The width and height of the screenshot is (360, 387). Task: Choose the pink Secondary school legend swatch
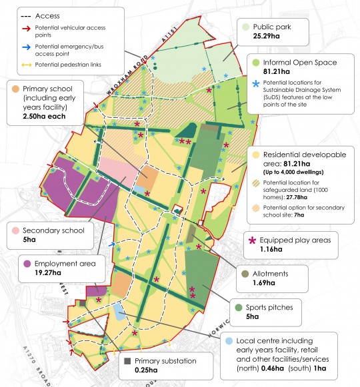(x=15, y=231)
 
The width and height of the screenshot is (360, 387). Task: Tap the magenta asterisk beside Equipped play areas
(x=252, y=240)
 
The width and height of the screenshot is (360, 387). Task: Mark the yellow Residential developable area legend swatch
(x=254, y=155)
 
